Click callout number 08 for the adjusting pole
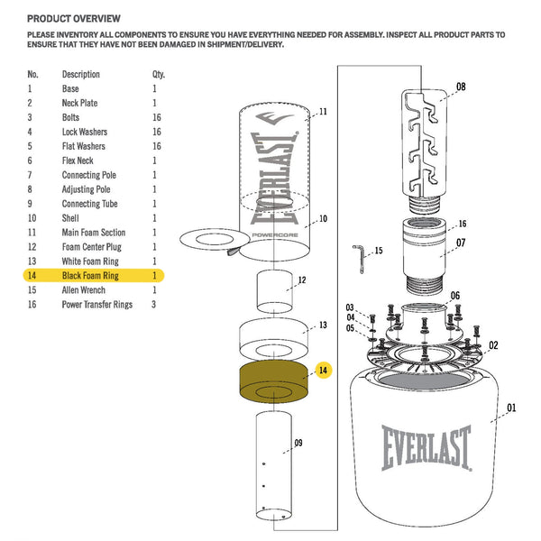461,87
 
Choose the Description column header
81,74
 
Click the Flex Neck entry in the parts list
82,160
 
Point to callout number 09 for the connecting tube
298,443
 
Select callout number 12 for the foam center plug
302,280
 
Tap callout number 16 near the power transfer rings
462,224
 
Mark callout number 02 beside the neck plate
493,345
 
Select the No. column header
32,74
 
